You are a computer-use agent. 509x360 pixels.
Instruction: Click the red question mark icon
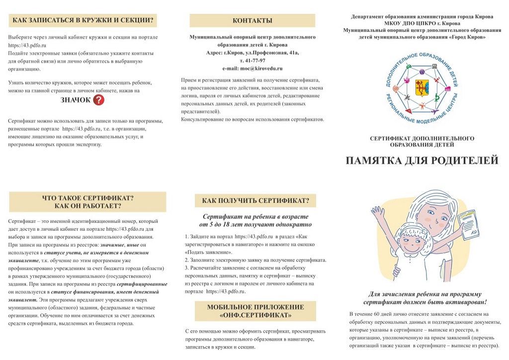coord(99,100)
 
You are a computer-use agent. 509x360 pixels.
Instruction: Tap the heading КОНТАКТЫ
coord(252,20)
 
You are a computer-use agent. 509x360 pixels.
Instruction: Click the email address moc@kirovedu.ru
coord(252,68)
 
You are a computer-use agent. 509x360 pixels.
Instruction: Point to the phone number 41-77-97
coord(252,60)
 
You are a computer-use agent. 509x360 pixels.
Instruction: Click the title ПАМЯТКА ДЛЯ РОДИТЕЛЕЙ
coord(422,160)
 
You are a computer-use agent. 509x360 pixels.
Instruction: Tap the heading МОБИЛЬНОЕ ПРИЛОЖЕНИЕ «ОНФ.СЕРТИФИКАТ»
coord(255,311)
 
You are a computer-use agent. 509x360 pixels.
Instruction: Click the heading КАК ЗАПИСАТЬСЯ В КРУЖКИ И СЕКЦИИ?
coord(83,20)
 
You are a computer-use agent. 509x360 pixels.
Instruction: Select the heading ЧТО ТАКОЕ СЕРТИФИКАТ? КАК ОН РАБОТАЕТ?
coord(88,201)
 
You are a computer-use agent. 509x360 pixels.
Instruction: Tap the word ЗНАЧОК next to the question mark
coord(76,100)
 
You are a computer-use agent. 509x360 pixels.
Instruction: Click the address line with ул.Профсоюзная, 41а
coord(252,52)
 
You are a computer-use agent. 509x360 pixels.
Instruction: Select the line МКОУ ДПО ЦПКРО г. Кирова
coord(422,23)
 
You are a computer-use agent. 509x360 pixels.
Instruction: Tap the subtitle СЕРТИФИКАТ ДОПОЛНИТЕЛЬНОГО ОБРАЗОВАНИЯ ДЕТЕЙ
coord(422,141)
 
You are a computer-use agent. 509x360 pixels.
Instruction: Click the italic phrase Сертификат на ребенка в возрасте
coord(255,217)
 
